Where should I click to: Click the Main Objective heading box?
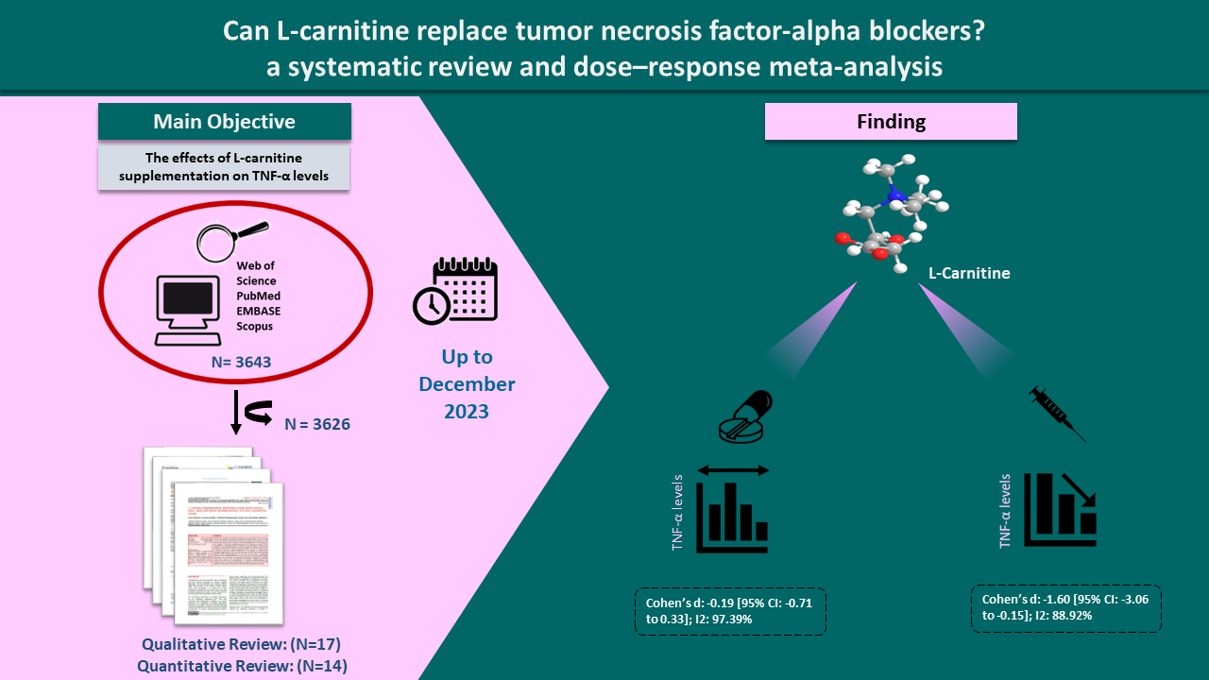coord(225,122)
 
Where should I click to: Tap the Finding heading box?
coord(890,122)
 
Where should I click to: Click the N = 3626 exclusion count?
coord(316,424)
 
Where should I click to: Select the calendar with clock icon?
coord(455,289)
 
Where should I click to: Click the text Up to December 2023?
coord(467,384)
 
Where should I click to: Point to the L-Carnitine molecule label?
coord(968,274)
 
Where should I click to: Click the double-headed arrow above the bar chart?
coord(734,469)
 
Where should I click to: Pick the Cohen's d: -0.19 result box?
coord(730,611)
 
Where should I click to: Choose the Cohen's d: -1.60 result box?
coord(1065,608)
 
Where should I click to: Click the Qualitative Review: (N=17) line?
coord(241,645)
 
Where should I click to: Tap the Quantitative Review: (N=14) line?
coord(241,665)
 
